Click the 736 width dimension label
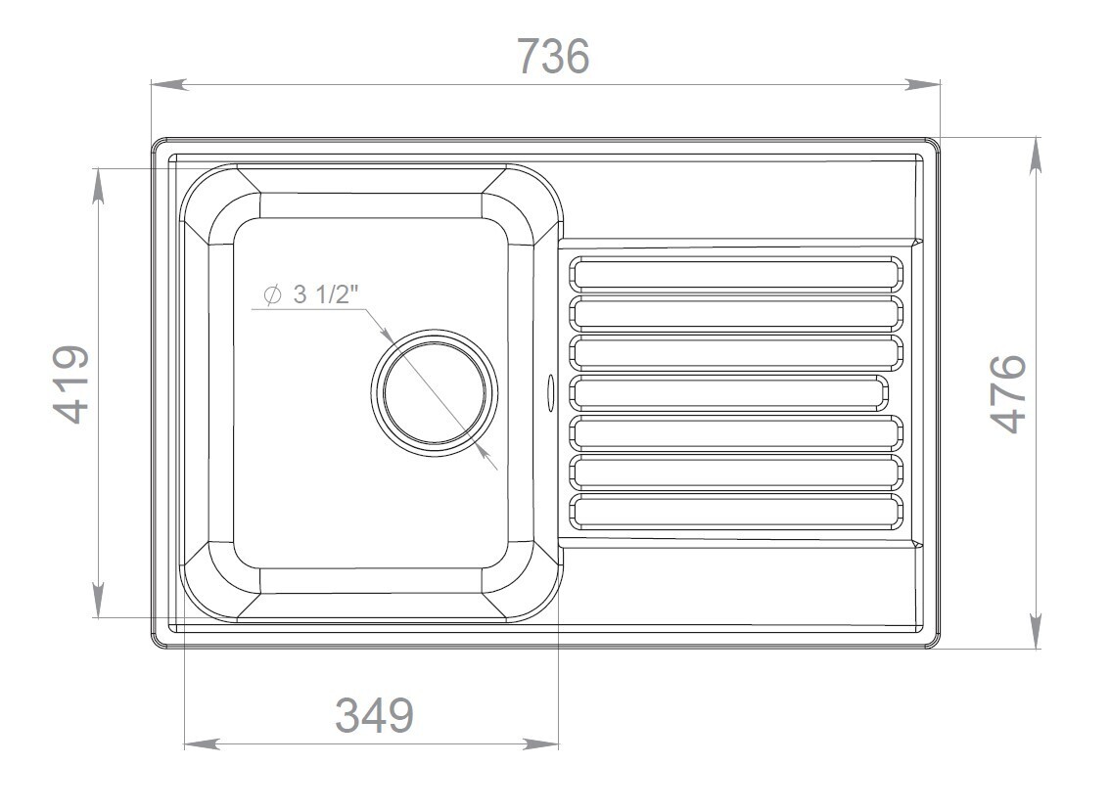(x=553, y=56)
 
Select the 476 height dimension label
(x=1007, y=393)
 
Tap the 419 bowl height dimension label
(x=70, y=384)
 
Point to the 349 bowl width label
(x=374, y=715)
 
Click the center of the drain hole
(x=434, y=392)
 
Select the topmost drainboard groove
(x=737, y=274)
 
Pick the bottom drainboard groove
(x=737, y=512)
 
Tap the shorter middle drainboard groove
(x=729, y=392)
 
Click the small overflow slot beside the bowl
(x=549, y=392)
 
